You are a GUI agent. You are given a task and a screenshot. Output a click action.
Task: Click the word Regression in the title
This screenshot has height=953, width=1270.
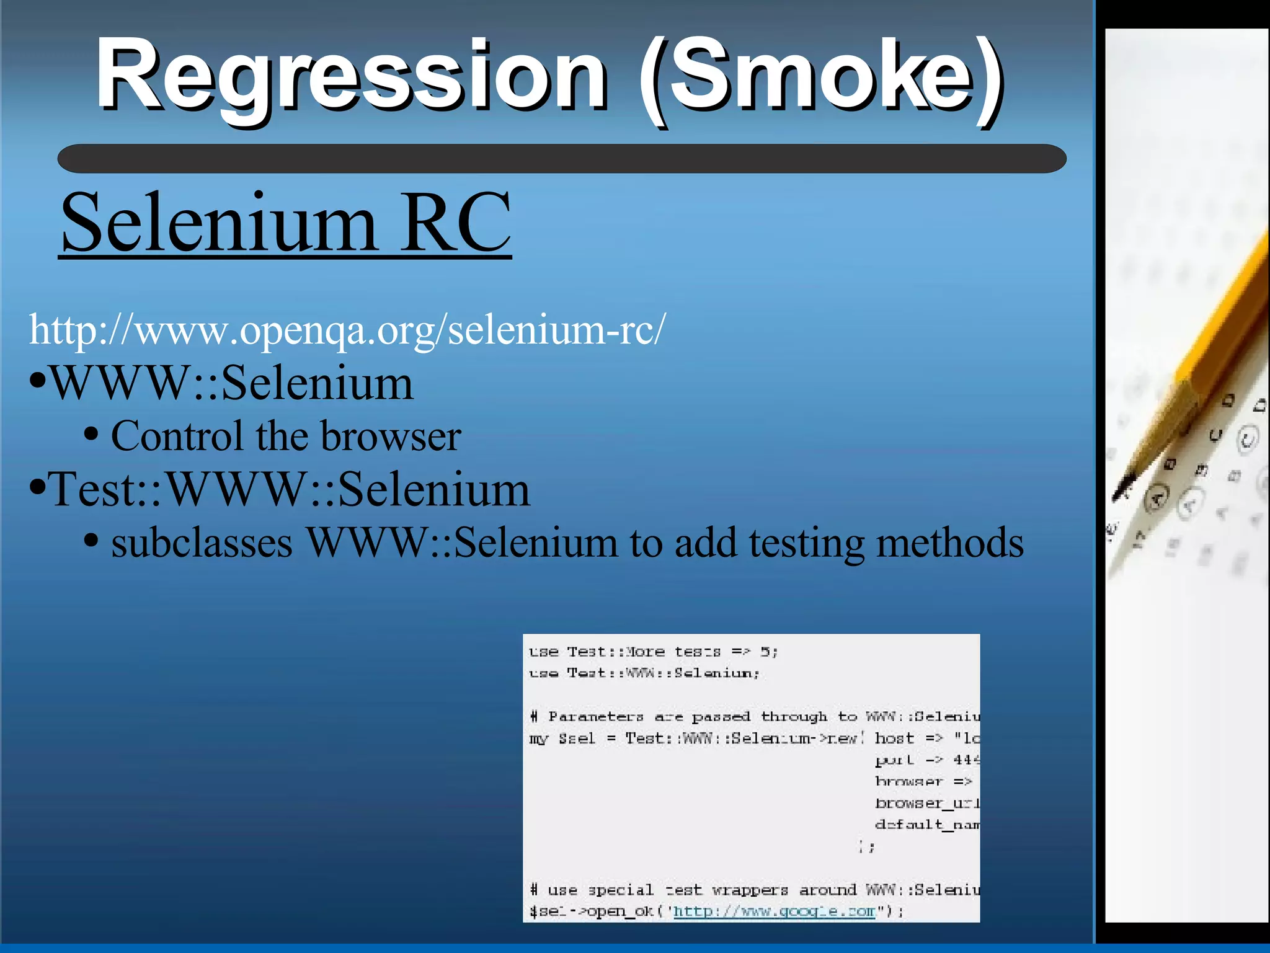[x=351, y=76]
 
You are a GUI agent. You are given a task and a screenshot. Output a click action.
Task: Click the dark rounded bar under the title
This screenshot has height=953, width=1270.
[x=561, y=159]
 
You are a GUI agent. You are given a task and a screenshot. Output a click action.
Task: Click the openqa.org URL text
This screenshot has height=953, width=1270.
[x=347, y=330]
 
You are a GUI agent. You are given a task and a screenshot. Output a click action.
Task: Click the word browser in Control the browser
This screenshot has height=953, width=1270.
[x=391, y=437]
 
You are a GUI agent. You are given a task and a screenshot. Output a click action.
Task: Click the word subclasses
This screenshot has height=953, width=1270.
[x=202, y=543]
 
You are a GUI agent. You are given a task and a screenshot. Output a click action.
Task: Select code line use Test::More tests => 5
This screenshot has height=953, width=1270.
[x=652, y=652]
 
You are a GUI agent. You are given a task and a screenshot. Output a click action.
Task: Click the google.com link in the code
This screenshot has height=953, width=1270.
[x=774, y=911]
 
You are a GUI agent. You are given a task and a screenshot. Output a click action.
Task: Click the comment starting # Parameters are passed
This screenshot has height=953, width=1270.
[x=753, y=717]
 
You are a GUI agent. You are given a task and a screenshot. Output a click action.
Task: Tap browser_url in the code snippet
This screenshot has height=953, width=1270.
[x=926, y=803]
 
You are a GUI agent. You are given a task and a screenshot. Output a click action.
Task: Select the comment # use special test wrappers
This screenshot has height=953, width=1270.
[x=753, y=890]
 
